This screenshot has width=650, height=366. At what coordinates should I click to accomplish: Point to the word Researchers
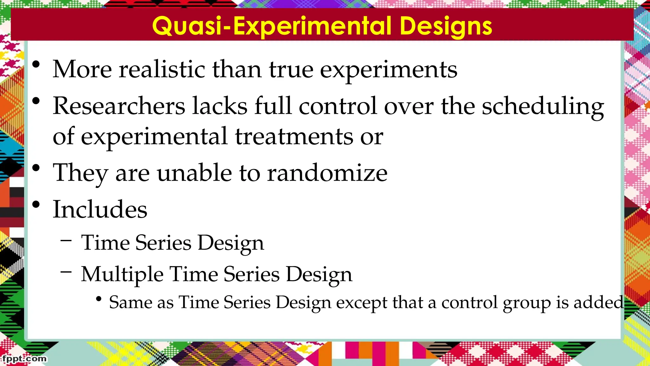(119, 106)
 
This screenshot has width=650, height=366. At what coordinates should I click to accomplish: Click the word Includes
(100, 209)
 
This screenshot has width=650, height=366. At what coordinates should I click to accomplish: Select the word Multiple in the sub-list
(122, 274)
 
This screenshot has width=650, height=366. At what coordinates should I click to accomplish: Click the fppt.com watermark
(25, 359)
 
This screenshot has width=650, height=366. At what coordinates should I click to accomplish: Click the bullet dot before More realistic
(36, 64)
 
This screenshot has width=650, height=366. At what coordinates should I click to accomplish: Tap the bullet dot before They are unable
(36, 168)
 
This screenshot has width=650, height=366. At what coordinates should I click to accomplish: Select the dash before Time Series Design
(66, 240)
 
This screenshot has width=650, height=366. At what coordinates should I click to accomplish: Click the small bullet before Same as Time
(99, 299)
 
